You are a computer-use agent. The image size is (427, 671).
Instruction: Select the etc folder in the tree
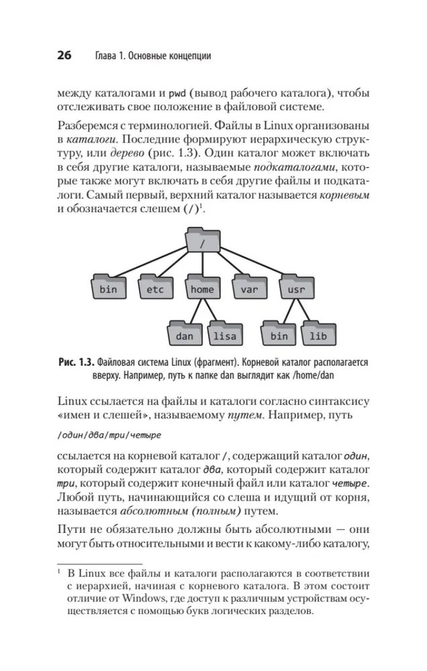click(155, 289)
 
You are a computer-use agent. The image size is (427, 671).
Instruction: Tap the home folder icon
click(202, 289)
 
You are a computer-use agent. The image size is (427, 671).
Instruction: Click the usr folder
click(296, 289)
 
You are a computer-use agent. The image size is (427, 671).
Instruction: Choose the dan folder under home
click(184, 335)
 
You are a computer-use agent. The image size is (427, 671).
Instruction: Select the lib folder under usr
click(318, 335)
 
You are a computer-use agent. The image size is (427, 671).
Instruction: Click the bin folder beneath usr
click(279, 335)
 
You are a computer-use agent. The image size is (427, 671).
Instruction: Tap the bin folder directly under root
click(107, 289)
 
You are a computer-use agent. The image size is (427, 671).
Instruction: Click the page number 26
click(64, 56)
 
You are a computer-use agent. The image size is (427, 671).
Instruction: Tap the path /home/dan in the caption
click(337, 376)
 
